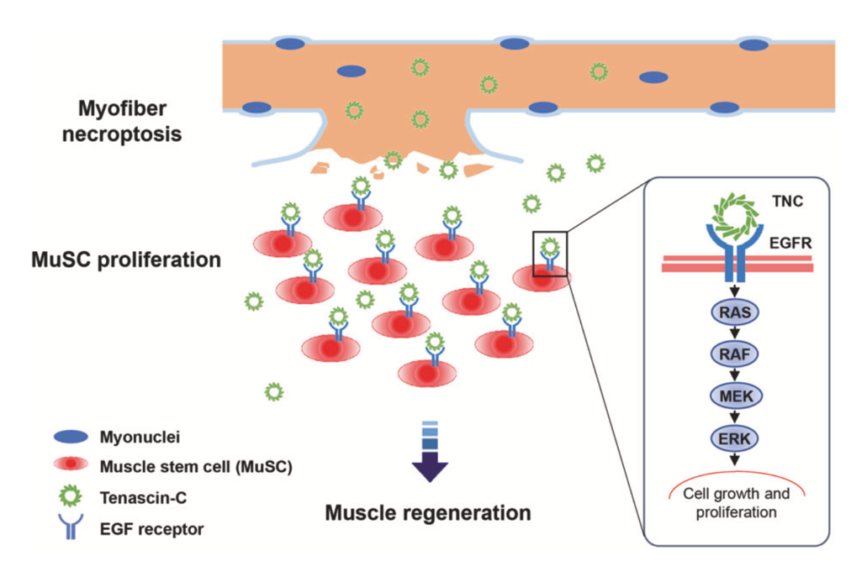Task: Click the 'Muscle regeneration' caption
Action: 428,512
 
